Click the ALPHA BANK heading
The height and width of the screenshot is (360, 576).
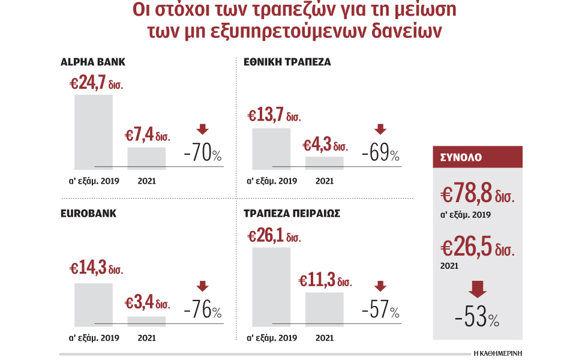[93, 62]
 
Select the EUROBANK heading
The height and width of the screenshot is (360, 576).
[88, 213]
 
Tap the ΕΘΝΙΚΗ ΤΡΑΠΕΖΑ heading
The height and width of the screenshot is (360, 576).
[287, 62]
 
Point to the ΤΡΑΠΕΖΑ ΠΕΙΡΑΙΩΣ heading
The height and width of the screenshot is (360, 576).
[292, 213]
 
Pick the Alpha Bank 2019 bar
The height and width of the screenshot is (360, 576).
[93, 132]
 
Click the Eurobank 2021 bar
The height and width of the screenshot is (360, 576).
[146, 320]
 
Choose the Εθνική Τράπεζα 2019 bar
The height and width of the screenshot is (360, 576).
[271, 149]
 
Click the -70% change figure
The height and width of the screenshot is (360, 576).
[203, 154]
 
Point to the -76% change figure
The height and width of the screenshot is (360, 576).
[203, 311]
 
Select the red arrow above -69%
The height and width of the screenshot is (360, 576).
[380, 129]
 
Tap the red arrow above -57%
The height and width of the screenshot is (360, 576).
[380, 286]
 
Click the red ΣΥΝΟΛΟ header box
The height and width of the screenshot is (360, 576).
[478, 157]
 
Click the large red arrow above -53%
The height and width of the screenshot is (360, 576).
[478, 290]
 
